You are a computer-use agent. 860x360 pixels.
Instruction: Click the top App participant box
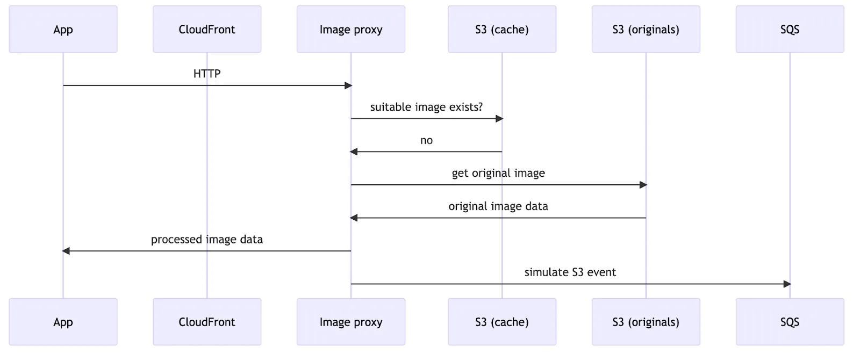pyautogui.click(x=63, y=30)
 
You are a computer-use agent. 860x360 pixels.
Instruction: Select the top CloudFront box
pyautogui.click(x=207, y=30)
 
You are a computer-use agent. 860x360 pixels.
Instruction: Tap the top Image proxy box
pyautogui.click(x=351, y=30)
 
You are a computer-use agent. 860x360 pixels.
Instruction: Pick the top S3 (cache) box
pyautogui.click(x=502, y=30)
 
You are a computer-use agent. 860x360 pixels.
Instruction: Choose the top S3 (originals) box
pyautogui.click(x=646, y=30)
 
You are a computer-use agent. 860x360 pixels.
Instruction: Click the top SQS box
pyautogui.click(x=790, y=30)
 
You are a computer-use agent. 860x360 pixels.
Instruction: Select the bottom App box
pyautogui.click(x=63, y=322)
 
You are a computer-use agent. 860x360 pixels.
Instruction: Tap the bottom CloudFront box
pyautogui.click(x=207, y=322)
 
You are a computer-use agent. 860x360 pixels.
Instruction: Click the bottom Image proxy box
pyautogui.click(x=351, y=322)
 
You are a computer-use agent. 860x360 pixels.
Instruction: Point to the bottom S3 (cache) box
pyautogui.click(x=502, y=322)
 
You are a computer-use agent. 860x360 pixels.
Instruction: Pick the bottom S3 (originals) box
pyautogui.click(x=646, y=322)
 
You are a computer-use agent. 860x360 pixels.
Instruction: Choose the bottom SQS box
pyautogui.click(x=790, y=322)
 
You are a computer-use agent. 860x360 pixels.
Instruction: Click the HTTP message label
pyautogui.click(x=207, y=74)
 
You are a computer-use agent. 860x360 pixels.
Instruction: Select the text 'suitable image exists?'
pyautogui.click(x=426, y=107)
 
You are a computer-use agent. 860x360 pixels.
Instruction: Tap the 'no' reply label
pyautogui.click(x=426, y=140)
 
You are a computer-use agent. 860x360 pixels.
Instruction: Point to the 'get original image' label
pyautogui.click(x=498, y=173)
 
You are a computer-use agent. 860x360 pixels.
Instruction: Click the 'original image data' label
pyautogui.click(x=498, y=206)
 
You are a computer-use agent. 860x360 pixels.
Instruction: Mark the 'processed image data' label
pyautogui.click(x=207, y=239)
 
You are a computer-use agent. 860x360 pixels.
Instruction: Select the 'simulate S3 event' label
pyautogui.click(x=570, y=272)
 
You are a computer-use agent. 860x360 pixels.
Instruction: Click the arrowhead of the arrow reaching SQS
pyautogui.click(x=787, y=284)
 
